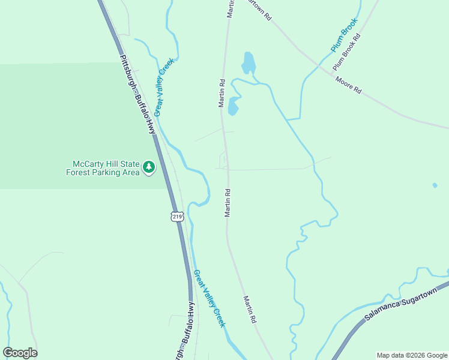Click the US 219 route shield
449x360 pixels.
176,216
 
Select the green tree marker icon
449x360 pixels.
148,167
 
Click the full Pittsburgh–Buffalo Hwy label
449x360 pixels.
137,96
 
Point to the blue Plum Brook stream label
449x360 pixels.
344,34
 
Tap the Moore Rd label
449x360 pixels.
348,85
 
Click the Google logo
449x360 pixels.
20,353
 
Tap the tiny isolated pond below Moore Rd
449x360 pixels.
435,185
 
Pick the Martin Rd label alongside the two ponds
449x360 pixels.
221,93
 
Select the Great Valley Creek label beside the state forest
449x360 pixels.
163,86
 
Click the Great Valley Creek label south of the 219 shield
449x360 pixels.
209,298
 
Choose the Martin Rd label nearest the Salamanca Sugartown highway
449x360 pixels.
250,310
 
